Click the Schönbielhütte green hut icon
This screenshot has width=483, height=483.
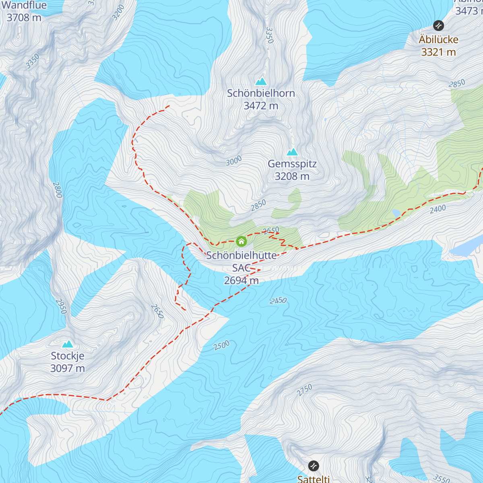point(241,241)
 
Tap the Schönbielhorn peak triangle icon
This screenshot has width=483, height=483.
point(261,81)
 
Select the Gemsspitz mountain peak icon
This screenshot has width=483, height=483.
point(292,152)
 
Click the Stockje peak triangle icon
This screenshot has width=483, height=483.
point(68,344)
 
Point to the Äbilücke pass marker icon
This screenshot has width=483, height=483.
point(438,26)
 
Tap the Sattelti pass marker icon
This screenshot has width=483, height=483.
point(314,466)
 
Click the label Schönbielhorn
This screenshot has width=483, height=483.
point(261,93)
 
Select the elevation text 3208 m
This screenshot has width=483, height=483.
point(292,176)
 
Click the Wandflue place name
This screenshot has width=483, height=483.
point(24,5)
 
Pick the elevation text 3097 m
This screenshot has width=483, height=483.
point(68,368)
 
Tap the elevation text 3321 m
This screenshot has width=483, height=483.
point(438,52)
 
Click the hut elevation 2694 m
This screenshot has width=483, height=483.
point(241,281)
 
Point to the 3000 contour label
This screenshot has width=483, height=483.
point(233,161)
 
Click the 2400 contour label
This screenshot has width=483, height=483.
point(438,209)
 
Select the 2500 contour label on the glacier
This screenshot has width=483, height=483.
point(221,345)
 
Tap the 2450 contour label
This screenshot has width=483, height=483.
point(278,301)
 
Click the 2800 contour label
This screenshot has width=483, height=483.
point(57,190)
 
